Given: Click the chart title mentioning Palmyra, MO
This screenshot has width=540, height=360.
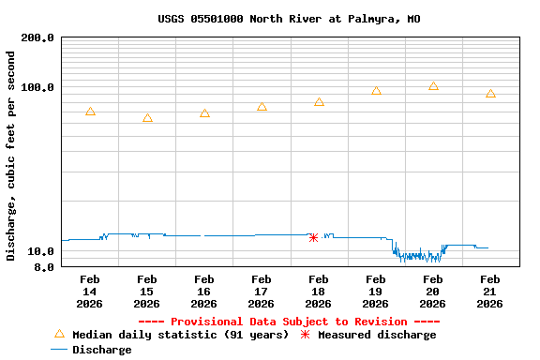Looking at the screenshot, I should (x=289, y=19).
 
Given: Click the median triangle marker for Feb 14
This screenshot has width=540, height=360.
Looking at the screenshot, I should (x=90, y=112).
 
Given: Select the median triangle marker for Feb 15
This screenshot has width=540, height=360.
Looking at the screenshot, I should (x=147, y=118).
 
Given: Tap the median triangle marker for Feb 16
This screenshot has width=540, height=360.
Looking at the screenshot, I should (x=204, y=113).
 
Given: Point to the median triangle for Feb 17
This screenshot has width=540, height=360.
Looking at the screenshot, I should (x=262, y=107).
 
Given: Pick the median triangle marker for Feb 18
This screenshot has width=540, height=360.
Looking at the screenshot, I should (x=319, y=102).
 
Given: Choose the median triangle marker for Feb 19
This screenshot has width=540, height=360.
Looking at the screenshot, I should (x=376, y=91).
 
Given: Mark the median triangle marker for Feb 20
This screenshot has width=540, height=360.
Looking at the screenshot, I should (x=433, y=86).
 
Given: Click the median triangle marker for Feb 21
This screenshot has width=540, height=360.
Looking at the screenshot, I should (x=490, y=94).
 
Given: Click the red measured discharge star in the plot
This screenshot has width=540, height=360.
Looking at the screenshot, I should (x=313, y=237).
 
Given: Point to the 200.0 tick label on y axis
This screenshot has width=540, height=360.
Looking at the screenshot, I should (x=37, y=38).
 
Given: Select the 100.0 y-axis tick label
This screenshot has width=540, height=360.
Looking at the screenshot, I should (x=37, y=88).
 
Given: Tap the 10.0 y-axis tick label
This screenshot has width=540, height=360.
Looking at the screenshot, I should (x=40, y=252).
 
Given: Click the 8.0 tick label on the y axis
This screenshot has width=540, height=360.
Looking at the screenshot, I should (x=43, y=268).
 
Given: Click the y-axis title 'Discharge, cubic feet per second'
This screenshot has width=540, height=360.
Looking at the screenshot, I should (x=11, y=156).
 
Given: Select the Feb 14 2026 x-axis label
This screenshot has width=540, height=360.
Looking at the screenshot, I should (x=90, y=292).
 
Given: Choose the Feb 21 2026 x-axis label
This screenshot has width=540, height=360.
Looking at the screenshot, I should (x=490, y=292).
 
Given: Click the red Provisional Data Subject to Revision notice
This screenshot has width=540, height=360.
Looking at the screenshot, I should (x=289, y=322).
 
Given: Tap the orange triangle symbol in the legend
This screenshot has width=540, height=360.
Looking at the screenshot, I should (x=59, y=334).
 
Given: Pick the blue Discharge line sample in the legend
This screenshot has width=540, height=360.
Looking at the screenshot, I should (x=59, y=350).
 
